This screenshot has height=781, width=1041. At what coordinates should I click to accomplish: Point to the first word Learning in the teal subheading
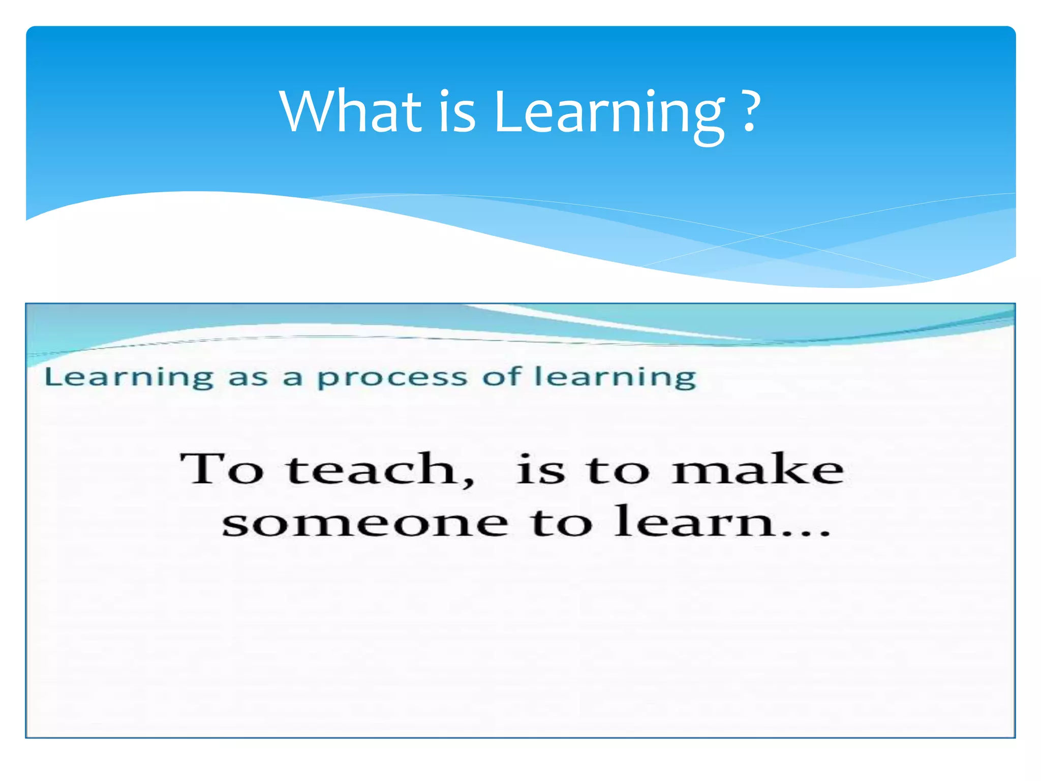129,378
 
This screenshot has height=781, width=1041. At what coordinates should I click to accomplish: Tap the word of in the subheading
502,377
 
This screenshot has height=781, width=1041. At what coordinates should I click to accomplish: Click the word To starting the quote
222,468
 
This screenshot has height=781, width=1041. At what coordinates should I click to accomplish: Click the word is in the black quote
540,468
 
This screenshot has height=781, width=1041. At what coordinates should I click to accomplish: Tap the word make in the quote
757,468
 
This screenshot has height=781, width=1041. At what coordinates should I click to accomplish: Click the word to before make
618,469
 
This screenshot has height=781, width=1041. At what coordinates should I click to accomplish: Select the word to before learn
561,524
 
